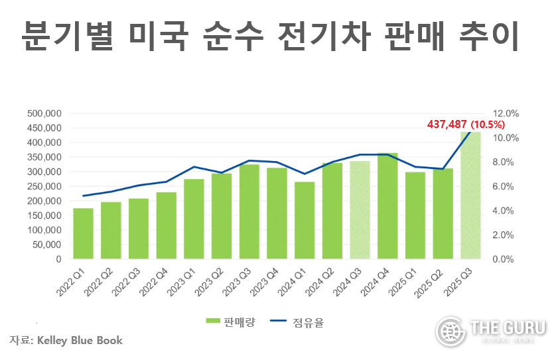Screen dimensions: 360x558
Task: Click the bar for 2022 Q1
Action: click(x=83, y=233)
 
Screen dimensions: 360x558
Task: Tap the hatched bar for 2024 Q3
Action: click(x=360, y=210)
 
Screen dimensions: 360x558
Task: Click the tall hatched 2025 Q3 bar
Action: click(x=470, y=196)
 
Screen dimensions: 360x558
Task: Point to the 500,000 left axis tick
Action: click(x=44, y=113)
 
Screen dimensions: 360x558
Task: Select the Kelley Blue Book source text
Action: click(x=80, y=340)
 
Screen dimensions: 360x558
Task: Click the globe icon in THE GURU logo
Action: click(x=450, y=330)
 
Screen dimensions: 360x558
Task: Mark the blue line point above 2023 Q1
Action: click(x=194, y=166)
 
